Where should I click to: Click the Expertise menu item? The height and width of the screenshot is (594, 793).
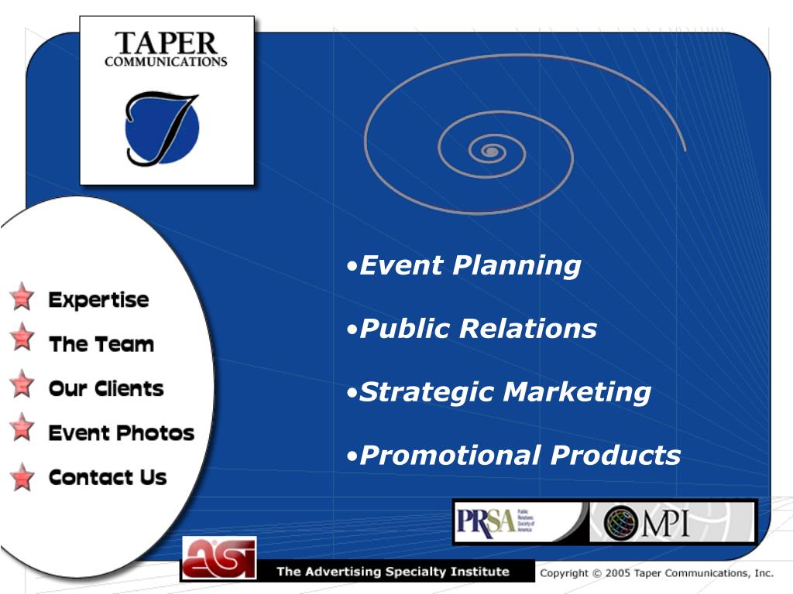click(98, 300)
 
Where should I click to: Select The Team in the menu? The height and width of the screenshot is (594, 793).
click(101, 344)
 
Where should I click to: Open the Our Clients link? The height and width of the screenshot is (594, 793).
click(105, 388)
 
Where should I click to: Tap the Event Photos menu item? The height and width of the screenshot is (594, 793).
click(121, 433)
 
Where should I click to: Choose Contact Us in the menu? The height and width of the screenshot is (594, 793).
click(107, 477)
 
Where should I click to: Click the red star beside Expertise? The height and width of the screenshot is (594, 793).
click(22, 296)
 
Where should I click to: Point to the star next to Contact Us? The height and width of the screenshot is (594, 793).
click(23, 476)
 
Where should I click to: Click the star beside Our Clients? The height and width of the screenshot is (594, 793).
click(23, 384)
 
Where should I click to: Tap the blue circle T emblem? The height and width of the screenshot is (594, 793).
click(162, 128)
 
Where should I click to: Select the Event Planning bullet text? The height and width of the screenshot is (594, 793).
click(470, 265)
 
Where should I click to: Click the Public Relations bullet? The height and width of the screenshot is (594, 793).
click(478, 329)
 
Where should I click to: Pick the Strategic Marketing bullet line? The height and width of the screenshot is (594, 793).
click(505, 392)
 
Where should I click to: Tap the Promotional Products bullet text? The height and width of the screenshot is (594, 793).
click(520, 455)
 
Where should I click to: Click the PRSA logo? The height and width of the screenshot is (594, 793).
click(486, 521)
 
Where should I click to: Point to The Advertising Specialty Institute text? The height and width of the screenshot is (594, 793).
click(393, 572)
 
